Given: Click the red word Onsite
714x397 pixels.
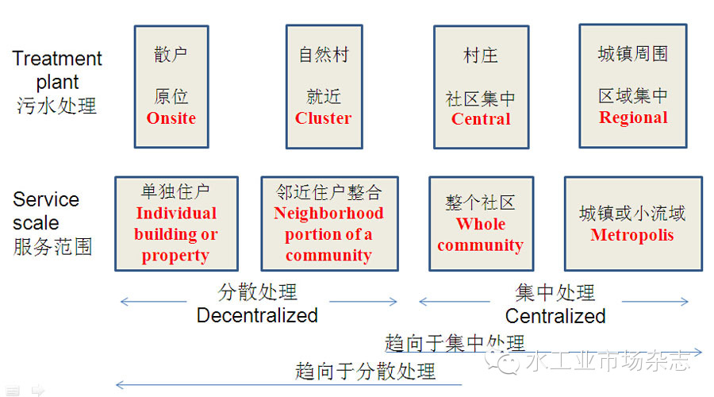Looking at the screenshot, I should point(171,118).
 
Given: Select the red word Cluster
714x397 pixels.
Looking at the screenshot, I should point(323,118).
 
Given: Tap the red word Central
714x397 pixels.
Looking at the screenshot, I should point(481,119).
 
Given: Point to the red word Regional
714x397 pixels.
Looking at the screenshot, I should point(632,118).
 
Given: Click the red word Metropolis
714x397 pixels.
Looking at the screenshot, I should point(631,235).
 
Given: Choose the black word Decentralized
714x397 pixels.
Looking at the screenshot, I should point(257,315).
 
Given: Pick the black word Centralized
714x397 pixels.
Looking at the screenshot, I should point(555,316).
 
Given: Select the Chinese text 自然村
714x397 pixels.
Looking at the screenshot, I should point(324,55).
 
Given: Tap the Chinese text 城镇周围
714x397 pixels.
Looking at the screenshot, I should point(632,54).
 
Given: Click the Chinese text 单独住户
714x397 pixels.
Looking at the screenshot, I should point(176,192).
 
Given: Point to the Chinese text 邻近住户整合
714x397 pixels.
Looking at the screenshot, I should point(328,192).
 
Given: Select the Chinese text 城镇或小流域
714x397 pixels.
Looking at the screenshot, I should point(631,214).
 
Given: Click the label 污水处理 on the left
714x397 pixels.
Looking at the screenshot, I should point(56,106).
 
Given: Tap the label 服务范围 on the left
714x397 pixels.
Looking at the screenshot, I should point(52,246).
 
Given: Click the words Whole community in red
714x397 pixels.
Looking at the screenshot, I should point(480,234).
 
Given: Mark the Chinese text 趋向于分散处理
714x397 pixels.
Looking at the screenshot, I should point(365,370).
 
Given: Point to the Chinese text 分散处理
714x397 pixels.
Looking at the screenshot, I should point(257,292).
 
